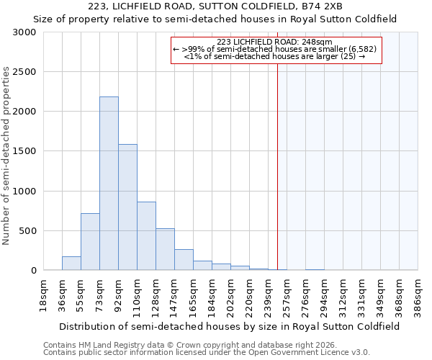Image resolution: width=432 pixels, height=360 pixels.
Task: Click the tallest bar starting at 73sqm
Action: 109,184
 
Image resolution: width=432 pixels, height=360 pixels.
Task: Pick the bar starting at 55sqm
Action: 90,242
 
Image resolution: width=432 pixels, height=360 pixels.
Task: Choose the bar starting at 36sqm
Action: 71,264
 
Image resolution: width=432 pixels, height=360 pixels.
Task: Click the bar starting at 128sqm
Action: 165,249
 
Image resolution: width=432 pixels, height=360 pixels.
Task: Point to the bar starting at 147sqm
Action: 184,260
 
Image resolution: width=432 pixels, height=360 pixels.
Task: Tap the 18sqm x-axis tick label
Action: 43,295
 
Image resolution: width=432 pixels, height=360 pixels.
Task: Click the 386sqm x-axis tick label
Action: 418,295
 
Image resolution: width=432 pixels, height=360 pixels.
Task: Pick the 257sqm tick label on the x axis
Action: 287,295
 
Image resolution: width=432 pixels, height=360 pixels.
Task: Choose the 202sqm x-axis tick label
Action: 230,295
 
